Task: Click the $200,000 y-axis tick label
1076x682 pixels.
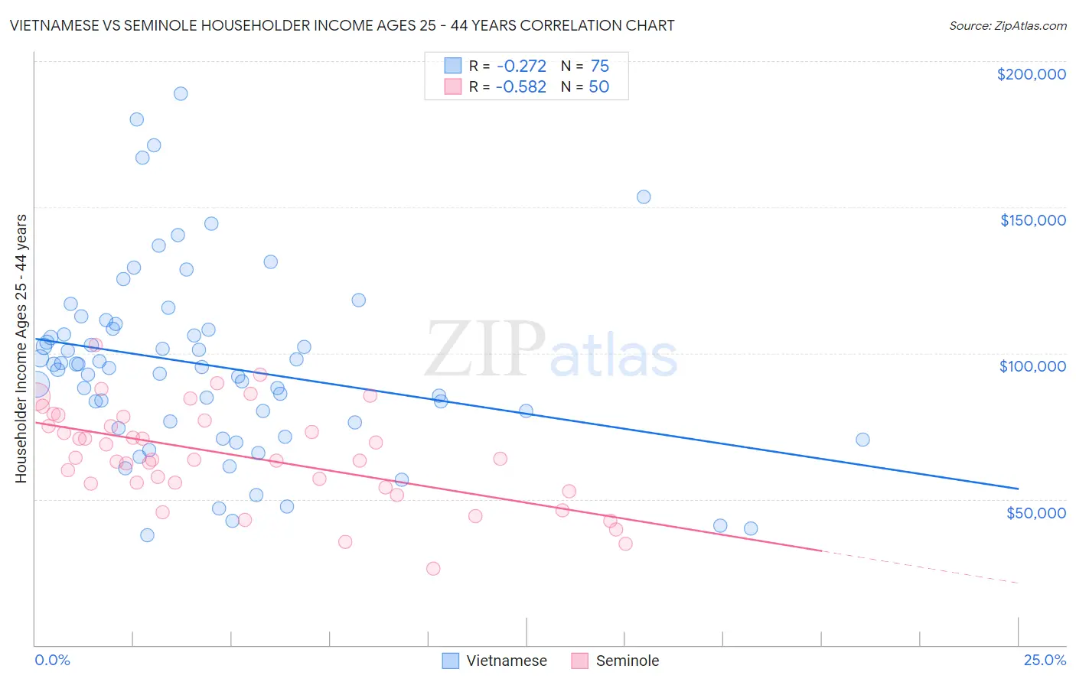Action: (1031, 74)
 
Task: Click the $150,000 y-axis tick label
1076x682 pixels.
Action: (1032, 220)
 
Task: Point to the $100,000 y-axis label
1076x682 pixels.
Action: (1032, 366)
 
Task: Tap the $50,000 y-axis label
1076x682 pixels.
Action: (1035, 512)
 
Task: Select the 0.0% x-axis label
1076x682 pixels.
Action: (52, 660)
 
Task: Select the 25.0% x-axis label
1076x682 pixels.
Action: (1045, 660)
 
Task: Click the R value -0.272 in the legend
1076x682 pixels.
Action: (520, 67)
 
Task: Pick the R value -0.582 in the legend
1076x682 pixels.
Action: (520, 87)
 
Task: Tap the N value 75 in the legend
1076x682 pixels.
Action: (599, 67)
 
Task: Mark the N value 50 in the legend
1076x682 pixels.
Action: (598, 87)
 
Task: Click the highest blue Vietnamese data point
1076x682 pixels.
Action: (181, 93)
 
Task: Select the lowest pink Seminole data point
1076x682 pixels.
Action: (433, 568)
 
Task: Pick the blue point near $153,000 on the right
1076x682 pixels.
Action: (644, 196)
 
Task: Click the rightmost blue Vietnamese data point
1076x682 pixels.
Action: (862, 440)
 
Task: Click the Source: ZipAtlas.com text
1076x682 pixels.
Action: (1007, 26)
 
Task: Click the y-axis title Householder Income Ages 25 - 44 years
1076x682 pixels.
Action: (21, 349)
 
